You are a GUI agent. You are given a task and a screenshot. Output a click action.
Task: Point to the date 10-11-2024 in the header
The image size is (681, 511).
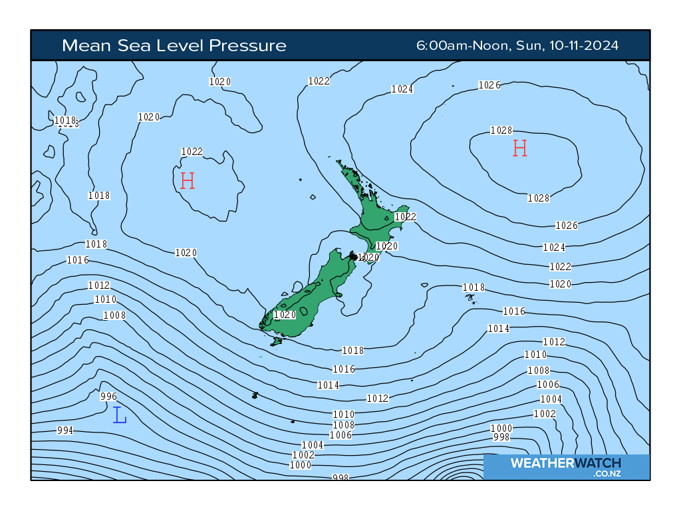click(583, 45)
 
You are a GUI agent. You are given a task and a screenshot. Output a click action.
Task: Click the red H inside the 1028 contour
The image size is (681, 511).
click(519, 148)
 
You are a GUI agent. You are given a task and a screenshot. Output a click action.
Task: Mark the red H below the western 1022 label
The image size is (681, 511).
click(188, 180)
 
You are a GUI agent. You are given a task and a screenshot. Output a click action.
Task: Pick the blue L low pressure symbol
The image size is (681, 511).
click(120, 415)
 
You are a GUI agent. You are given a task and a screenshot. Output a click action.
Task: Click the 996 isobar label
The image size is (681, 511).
click(108, 397)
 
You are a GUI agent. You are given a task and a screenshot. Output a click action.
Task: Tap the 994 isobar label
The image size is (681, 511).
click(65, 430)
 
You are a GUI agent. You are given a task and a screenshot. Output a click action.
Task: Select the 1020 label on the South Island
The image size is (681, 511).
click(285, 315)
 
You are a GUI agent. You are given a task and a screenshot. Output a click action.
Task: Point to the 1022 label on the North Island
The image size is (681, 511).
click(405, 217)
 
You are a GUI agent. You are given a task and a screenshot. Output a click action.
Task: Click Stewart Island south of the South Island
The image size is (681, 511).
click(277, 341)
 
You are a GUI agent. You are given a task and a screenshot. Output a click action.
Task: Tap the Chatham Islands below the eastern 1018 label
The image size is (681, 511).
click(472, 298)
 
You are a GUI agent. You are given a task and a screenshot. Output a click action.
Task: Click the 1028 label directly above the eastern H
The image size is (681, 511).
click(501, 130)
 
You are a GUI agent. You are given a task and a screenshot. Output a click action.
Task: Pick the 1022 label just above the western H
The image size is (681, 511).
click(192, 152)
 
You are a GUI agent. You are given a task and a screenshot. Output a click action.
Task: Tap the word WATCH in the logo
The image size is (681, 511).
click(597, 463)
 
